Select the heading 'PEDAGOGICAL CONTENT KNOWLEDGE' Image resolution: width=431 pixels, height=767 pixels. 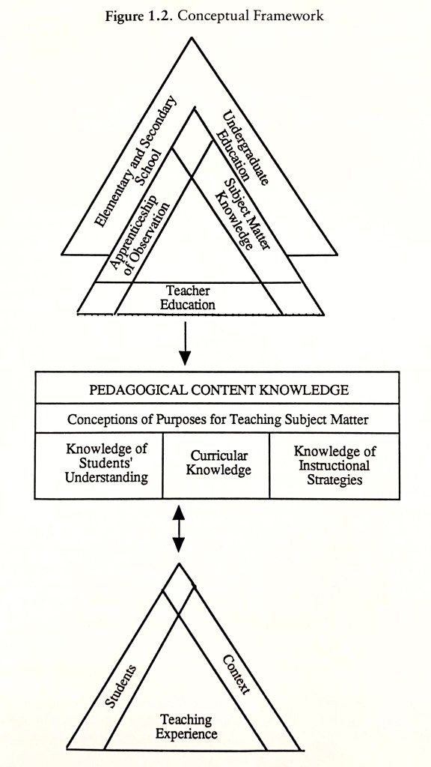coord(218,390)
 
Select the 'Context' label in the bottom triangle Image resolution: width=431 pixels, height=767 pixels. coord(236,675)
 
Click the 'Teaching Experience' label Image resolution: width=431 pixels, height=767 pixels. coord(186,727)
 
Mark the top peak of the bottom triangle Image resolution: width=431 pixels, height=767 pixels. coord(178,563)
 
